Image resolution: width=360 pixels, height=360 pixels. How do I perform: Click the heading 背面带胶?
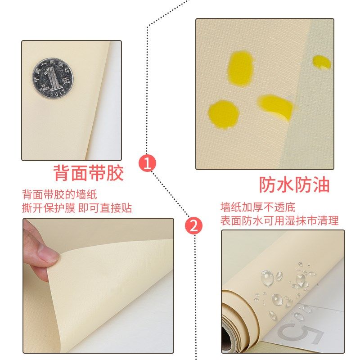click(88, 173)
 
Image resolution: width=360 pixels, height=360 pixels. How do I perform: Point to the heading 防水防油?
click(294, 184)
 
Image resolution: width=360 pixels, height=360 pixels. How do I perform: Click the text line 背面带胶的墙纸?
click(59, 195)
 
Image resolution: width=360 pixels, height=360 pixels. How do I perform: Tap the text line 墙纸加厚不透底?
click(258, 207)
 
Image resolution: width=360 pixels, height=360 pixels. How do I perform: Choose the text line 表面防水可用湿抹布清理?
click(279, 221)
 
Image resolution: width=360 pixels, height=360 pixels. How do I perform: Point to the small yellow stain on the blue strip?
click(322, 62)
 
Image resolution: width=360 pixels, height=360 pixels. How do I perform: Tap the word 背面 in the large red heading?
click(71, 173)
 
